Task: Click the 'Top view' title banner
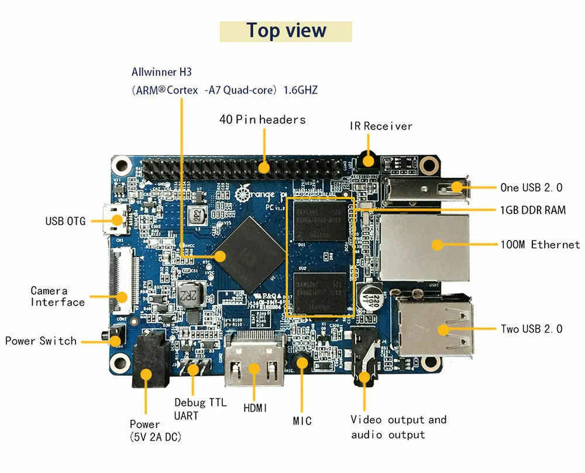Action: coord(286,31)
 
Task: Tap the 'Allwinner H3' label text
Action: coord(161,72)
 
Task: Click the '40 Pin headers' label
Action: coord(262,119)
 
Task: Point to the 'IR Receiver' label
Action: coord(381,126)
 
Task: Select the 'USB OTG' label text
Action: coord(66,221)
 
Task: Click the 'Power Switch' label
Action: coord(41,341)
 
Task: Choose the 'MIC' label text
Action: coord(302,420)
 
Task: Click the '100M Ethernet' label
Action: coord(539,244)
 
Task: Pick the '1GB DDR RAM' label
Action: coord(533,210)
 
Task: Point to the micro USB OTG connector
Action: coord(117,220)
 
